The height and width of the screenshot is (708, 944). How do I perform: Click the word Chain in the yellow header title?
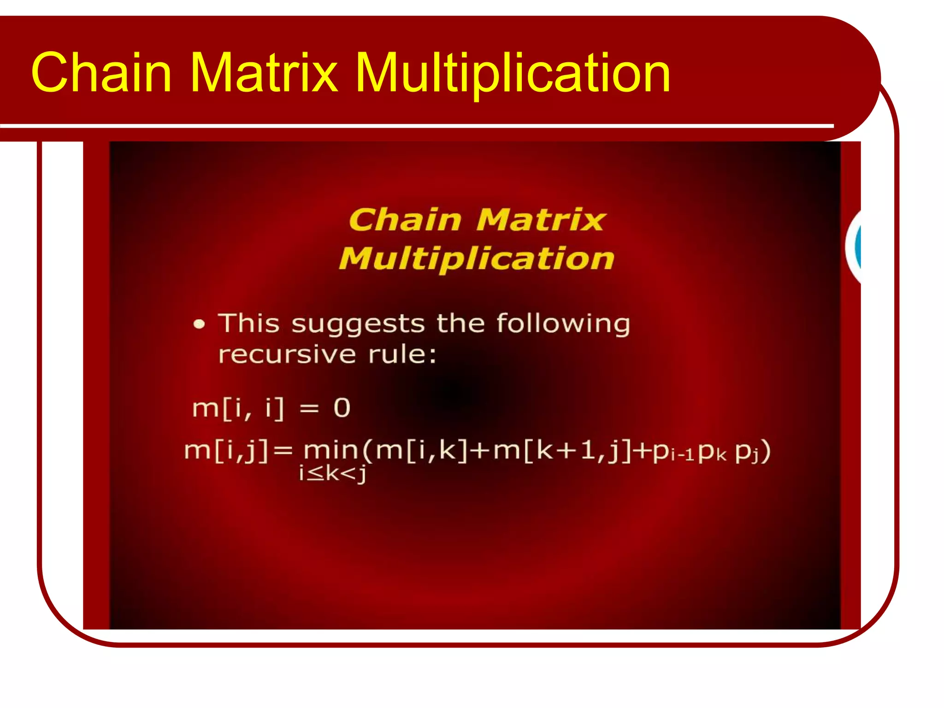point(101,72)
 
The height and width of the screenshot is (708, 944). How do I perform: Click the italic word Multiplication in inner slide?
point(477,259)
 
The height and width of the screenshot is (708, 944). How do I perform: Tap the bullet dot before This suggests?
point(199,324)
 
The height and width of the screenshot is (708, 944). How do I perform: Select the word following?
point(563,324)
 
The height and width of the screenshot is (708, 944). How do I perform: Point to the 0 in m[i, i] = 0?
point(342,408)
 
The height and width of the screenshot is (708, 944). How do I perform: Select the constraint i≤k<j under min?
point(332,473)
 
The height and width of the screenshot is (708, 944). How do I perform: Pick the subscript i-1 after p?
point(682,456)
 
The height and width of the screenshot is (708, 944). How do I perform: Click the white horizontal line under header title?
point(415,126)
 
